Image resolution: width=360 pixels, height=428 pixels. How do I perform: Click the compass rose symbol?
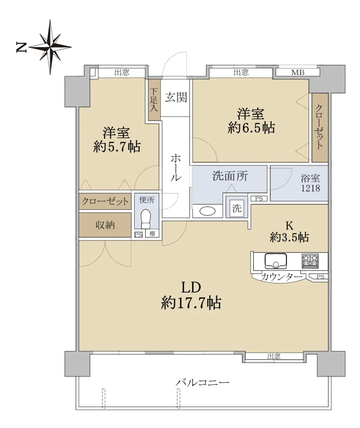(x=50, y=47)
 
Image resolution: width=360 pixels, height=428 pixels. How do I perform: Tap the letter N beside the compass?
(x=21, y=47)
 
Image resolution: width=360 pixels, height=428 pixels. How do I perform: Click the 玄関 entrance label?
(x=176, y=97)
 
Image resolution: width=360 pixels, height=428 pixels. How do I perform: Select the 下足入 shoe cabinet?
(x=154, y=100)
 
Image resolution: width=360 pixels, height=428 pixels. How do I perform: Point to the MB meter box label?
(x=298, y=72)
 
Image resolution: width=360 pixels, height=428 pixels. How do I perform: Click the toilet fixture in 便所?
(x=146, y=219)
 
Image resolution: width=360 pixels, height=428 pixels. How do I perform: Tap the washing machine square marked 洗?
(x=237, y=208)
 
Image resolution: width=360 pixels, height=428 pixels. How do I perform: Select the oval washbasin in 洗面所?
(x=207, y=211)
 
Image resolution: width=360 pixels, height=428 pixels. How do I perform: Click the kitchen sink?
(x=276, y=261)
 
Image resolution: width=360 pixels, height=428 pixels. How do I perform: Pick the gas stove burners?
(x=310, y=261)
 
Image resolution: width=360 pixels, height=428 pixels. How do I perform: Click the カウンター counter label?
(x=282, y=277)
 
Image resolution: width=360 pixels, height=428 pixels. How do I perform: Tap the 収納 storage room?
(x=105, y=225)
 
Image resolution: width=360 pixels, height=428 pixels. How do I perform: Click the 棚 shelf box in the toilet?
(x=152, y=234)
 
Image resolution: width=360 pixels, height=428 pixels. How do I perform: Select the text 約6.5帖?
(x=251, y=128)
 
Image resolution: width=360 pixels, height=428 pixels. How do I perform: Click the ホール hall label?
(x=176, y=168)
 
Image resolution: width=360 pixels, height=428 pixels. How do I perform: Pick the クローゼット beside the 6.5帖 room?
(x=320, y=127)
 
